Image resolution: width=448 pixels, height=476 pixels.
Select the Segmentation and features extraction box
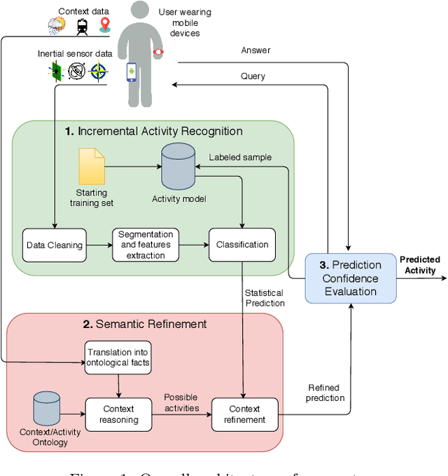pyautogui.click(x=146, y=245)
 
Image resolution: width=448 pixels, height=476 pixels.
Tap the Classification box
pyautogui.click(x=241, y=245)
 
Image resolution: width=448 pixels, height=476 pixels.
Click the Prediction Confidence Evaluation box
pyautogui.click(x=351, y=278)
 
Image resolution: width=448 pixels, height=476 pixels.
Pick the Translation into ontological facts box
pyautogui.click(x=118, y=358)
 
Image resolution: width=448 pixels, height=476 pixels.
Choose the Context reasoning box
pyautogui.click(x=118, y=414)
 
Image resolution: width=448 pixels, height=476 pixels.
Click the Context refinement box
pyautogui.click(x=245, y=414)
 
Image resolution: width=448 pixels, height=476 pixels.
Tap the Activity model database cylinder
pyautogui.click(x=179, y=165)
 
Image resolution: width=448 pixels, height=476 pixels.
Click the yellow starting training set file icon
pyautogui.click(x=92, y=166)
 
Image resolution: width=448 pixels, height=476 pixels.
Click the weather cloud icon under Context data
pyautogui.click(x=56, y=27)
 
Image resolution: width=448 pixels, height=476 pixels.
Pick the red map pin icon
pyautogui.click(x=105, y=25)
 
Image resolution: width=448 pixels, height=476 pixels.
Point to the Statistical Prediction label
pyautogui.click(x=265, y=297)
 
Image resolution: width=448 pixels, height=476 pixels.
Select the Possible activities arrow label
pyautogui.click(x=181, y=402)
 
